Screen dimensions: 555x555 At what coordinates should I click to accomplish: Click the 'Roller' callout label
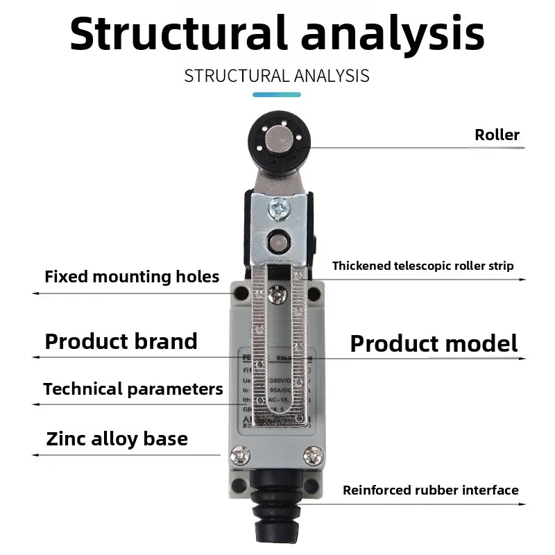(x=497, y=135)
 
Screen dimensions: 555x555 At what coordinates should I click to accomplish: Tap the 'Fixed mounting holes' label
(x=132, y=277)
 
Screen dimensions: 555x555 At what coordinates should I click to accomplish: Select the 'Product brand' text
(x=121, y=341)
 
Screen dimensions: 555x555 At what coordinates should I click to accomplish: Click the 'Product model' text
(x=434, y=343)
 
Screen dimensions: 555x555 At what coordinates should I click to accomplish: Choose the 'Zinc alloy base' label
(x=117, y=439)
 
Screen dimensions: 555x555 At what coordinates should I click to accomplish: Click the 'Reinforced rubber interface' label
(x=430, y=490)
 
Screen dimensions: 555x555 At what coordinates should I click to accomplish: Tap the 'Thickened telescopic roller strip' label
(x=423, y=266)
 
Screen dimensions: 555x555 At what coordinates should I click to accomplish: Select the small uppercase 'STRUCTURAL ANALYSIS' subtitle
(x=277, y=76)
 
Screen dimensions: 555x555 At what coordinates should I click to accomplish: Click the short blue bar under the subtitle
(x=277, y=94)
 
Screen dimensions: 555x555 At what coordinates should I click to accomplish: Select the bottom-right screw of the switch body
(x=313, y=455)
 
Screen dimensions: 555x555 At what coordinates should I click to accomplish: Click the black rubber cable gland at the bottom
(x=277, y=510)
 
